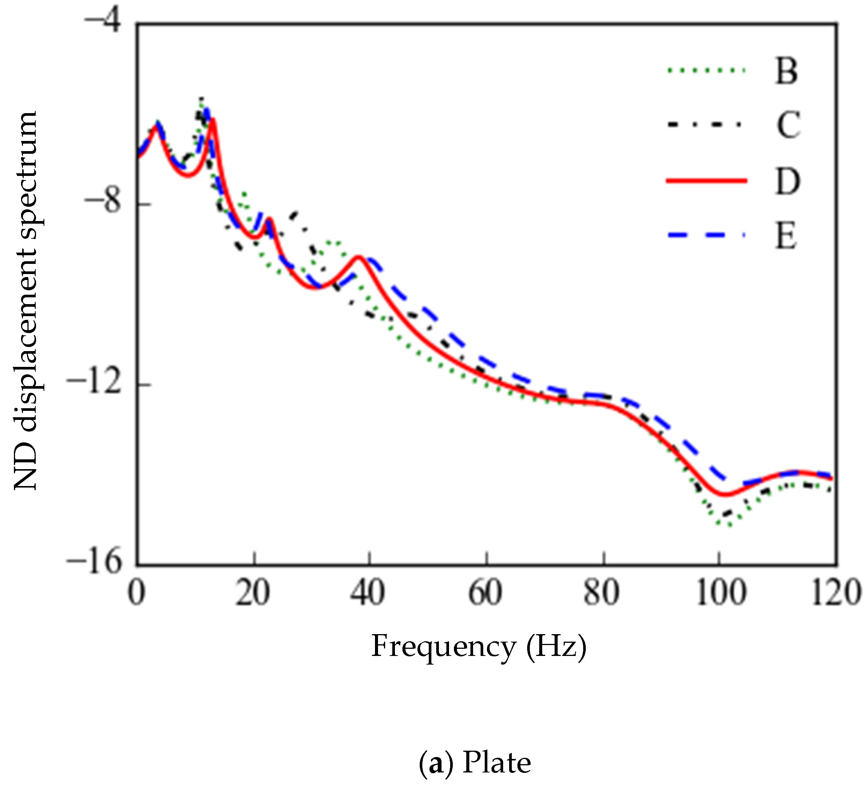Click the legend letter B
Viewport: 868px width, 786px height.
click(x=786, y=71)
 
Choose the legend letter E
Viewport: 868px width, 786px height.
click(x=786, y=236)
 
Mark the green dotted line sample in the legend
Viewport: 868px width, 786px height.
click(x=706, y=70)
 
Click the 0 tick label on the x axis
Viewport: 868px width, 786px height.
click(x=136, y=594)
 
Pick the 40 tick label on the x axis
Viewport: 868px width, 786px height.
click(x=367, y=594)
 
